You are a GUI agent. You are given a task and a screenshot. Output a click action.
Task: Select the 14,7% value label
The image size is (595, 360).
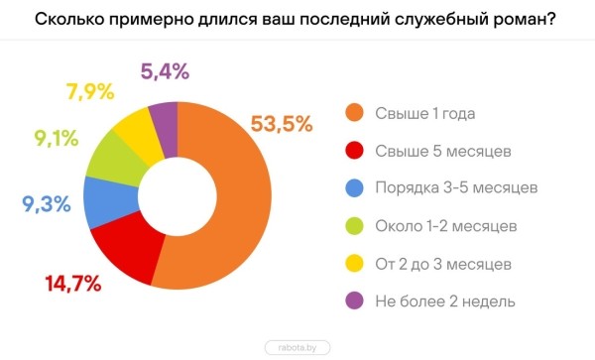73,284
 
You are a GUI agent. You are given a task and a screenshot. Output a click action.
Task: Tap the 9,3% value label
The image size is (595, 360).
46,205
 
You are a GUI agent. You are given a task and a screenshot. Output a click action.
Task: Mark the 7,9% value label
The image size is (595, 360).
91,93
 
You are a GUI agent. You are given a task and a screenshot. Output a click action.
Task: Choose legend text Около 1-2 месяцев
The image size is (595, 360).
447,225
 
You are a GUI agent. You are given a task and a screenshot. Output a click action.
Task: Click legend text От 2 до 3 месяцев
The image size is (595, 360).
443,263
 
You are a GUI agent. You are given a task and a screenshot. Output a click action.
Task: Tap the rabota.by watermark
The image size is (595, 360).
297,347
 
